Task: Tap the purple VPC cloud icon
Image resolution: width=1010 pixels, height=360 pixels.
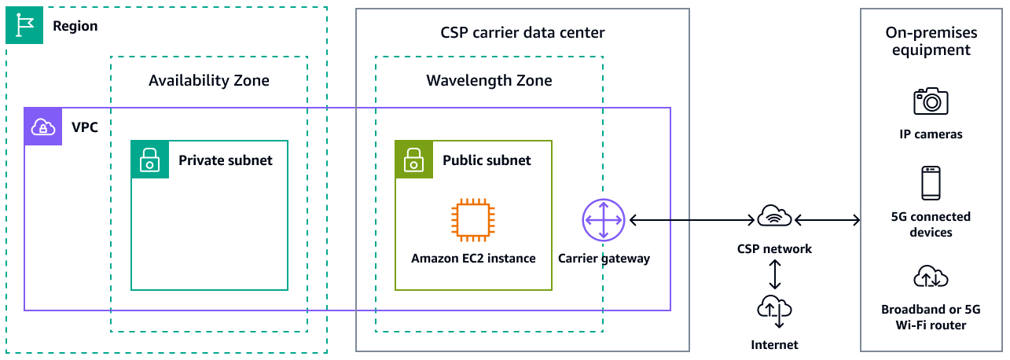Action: click(42, 126)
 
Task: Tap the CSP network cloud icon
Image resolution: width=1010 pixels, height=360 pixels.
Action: click(775, 216)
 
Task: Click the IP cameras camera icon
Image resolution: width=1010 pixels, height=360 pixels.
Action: click(931, 101)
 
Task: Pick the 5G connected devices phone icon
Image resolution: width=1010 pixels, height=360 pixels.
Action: click(931, 183)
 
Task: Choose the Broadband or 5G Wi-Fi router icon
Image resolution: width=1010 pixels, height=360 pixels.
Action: click(931, 277)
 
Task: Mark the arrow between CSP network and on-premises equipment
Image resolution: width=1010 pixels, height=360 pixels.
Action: click(828, 221)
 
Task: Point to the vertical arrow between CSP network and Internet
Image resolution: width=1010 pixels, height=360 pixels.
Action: click(775, 273)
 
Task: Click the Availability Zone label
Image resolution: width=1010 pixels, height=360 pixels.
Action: click(208, 80)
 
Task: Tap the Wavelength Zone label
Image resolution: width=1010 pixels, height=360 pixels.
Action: click(489, 80)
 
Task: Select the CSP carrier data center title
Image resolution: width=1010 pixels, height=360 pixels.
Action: click(523, 33)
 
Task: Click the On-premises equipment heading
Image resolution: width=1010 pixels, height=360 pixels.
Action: click(931, 42)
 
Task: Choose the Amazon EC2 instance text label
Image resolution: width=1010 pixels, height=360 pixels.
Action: click(473, 258)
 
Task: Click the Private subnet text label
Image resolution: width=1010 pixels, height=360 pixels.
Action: click(226, 160)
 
